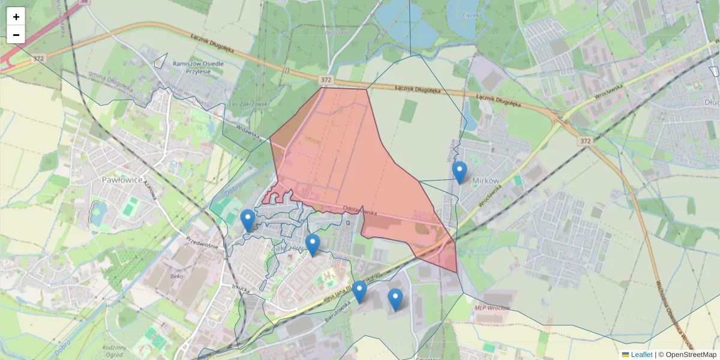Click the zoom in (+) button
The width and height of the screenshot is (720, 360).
tap(16, 17)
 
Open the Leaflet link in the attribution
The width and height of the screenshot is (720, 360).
tap(641, 355)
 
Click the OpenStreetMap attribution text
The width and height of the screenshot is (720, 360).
tap(691, 355)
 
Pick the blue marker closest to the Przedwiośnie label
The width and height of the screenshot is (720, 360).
tap(247, 220)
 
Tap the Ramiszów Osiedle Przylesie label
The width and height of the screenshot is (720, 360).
tap(198, 67)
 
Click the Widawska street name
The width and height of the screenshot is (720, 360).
tap(248, 133)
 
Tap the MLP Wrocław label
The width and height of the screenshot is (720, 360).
tap(492, 308)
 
